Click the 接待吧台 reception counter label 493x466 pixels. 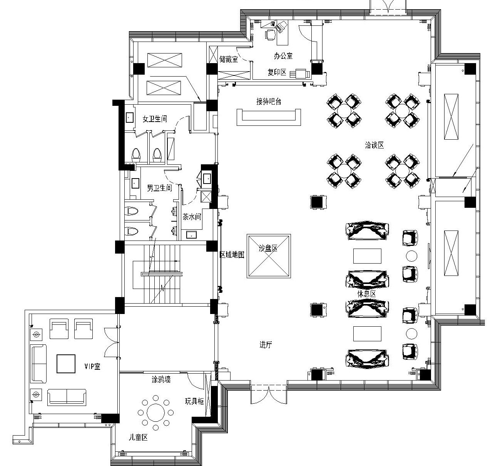[x=269, y=101]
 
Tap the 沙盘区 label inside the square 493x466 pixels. [x=268, y=248]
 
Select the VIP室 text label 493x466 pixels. [x=92, y=366]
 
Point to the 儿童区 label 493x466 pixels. [x=138, y=438]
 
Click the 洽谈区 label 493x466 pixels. [x=374, y=145]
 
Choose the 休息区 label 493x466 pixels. [x=367, y=294]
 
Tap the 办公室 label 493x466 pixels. [x=283, y=56]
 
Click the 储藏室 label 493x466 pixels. [x=229, y=59]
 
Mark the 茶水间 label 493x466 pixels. [x=192, y=217]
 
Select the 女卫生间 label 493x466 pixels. [x=155, y=119]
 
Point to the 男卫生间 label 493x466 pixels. [x=159, y=188]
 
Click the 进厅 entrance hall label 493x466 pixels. [x=266, y=345]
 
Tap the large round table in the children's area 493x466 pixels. [x=156, y=413]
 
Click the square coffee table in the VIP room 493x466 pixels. [x=66, y=364]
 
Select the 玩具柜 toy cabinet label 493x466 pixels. [x=194, y=401]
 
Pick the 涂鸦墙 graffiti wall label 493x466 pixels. [x=161, y=380]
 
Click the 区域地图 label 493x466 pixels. [x=232, y=255]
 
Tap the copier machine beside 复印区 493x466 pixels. [x=300, y=73]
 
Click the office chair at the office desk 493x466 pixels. [x=270, y=35]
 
